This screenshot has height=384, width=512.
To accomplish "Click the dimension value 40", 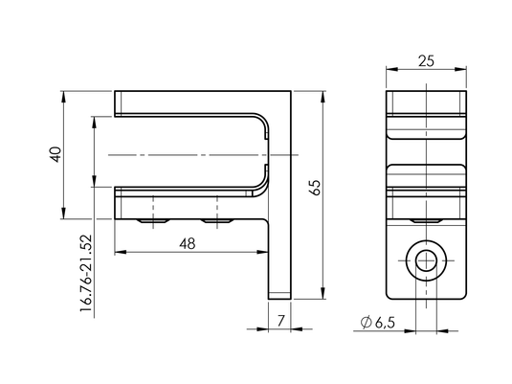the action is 56,154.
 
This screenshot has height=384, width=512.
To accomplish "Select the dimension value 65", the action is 317,188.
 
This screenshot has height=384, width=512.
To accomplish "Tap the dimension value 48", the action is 188,243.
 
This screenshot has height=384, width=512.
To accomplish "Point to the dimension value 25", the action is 426,61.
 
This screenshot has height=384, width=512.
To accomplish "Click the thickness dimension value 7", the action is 280,321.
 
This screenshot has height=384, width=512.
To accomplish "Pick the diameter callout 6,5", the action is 385,323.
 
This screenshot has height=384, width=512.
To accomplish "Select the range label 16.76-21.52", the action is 86,273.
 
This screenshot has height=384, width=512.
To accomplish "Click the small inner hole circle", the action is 426,260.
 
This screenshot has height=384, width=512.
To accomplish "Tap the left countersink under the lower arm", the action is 153,221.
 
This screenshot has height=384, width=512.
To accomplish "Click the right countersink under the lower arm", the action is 217,221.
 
